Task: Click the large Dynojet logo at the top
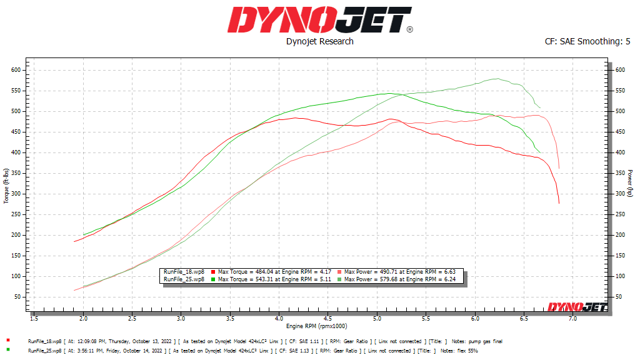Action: [x=319, y=20]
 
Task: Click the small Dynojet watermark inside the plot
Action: [x=575, y=306]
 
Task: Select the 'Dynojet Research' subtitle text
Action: [x=319, y=41]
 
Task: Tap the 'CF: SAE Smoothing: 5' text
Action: [x=587, y=41]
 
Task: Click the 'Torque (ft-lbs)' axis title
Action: [x=6, y=186]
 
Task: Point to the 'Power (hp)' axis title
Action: [x=632, y=186]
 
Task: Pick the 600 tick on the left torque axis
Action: [x=16, y=70]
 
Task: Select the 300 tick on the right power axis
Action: [x=619, y=194]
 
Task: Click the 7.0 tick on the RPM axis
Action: [x=572, y=319]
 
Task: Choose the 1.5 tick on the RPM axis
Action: [x=34, y=319]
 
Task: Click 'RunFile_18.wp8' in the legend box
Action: [x=183, y=272]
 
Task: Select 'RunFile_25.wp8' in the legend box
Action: [x=183, y=279]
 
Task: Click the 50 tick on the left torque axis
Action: [x=18, y=296]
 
